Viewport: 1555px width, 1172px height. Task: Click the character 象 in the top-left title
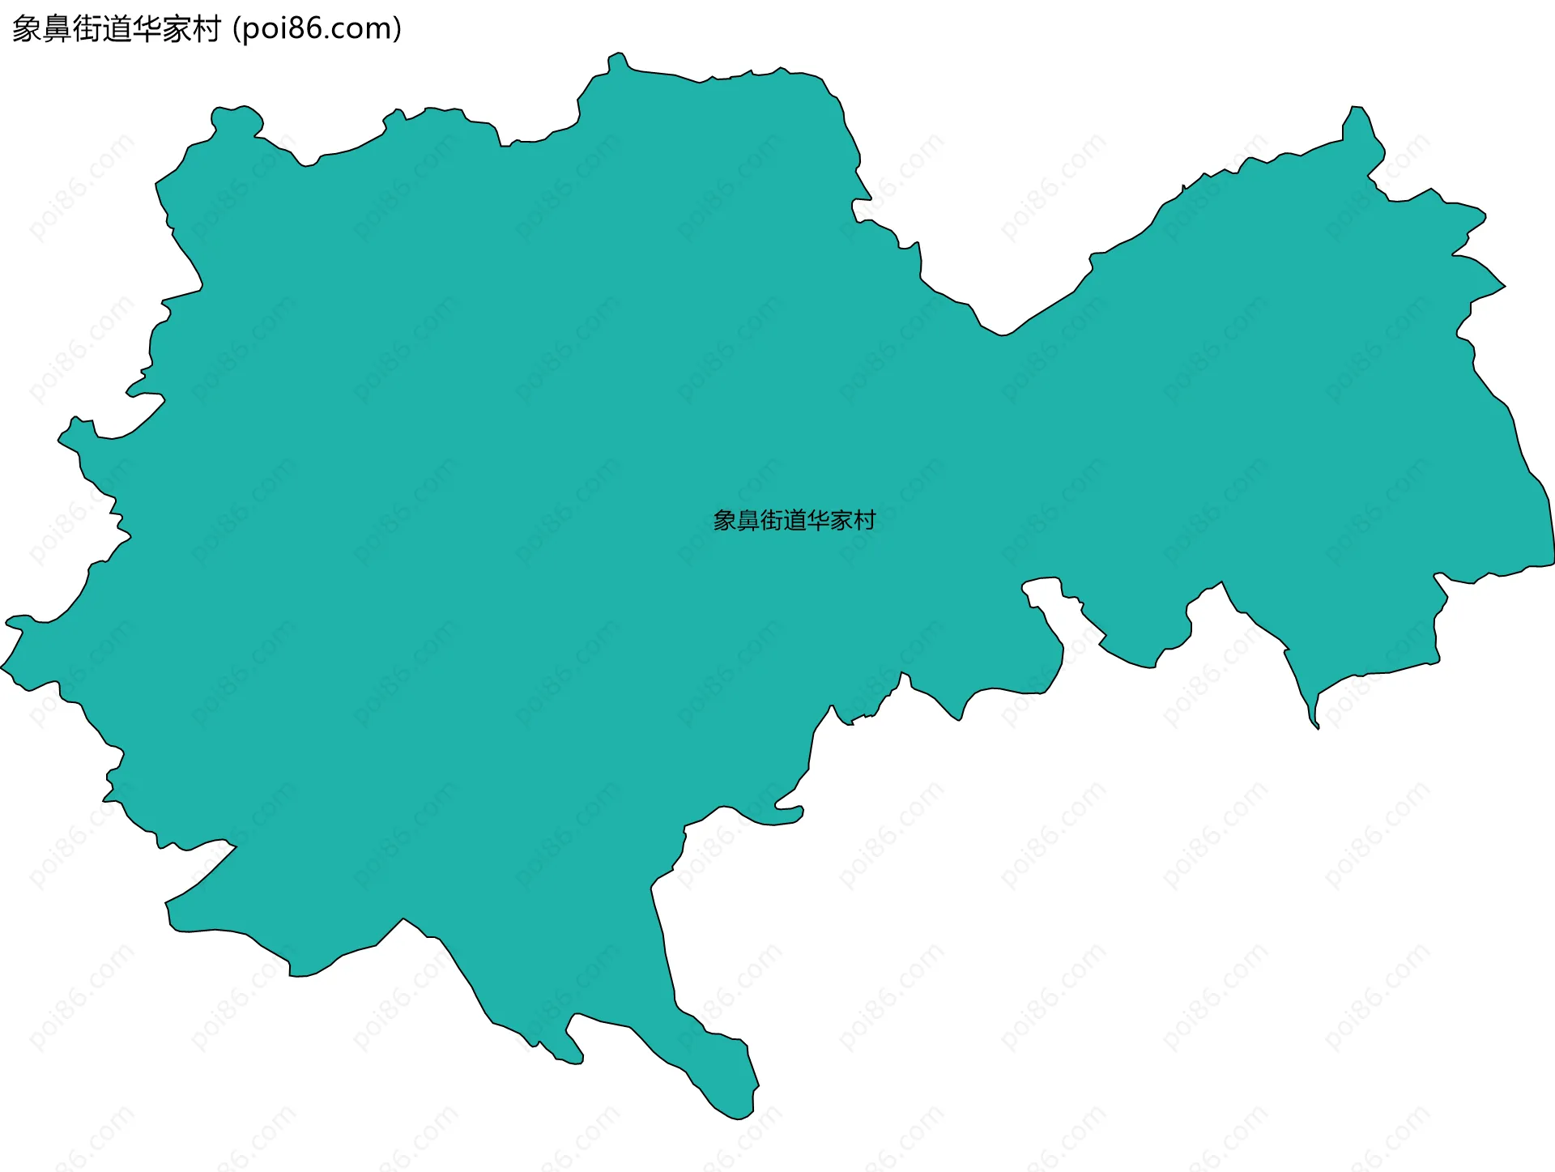point(27,30)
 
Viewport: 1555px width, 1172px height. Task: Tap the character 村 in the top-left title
point(207,30)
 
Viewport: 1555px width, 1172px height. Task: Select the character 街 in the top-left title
point(87,30)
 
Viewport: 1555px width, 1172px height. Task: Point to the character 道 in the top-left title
point(117,30)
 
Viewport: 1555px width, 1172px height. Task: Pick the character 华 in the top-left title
point(147,30)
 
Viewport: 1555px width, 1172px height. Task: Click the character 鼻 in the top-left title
point(57,30)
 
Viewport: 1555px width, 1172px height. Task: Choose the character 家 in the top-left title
point(177,30)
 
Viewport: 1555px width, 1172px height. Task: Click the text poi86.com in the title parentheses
point(317,29)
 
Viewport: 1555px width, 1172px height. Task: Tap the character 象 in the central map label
point(724,520)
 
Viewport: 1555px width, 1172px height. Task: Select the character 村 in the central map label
point(865,520)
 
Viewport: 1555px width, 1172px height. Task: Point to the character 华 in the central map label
point(818,520)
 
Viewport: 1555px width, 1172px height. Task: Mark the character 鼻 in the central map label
point(748,520)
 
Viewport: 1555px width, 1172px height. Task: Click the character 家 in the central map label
point(841,520)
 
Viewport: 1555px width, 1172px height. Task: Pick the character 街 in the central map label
point(771,520)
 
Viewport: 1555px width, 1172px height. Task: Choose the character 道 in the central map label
point(795,520)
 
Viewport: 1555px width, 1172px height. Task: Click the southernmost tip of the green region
point(738,1119)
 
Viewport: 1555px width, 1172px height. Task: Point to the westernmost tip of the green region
point(2,668)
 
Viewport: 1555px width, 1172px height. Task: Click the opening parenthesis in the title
point(236,30)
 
